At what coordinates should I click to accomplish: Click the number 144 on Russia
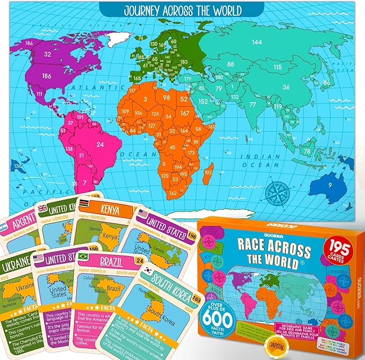pos(257,42)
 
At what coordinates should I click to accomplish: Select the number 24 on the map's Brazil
pos(99,144)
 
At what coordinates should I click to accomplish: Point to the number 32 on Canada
pos(47,54)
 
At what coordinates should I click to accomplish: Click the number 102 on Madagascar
pos(207,172)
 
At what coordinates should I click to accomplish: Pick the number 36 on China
pos(286,88)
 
